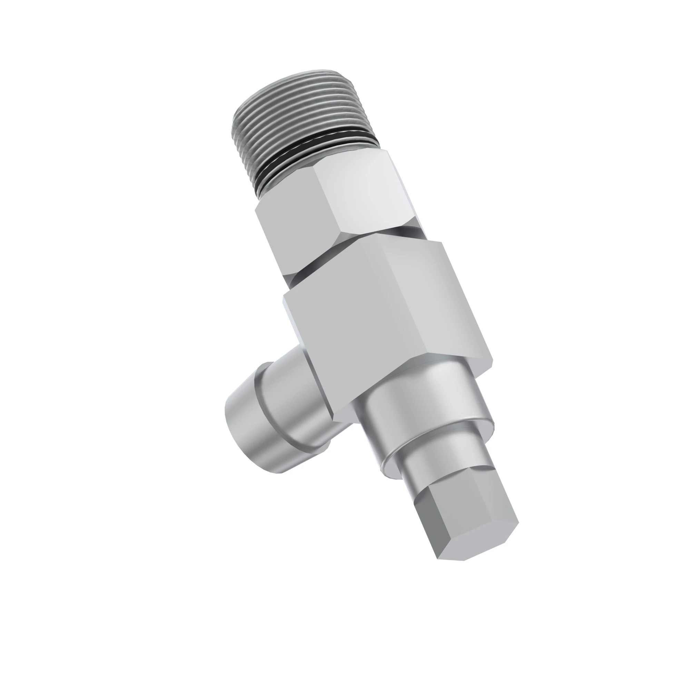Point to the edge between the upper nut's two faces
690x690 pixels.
pos(327,200)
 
